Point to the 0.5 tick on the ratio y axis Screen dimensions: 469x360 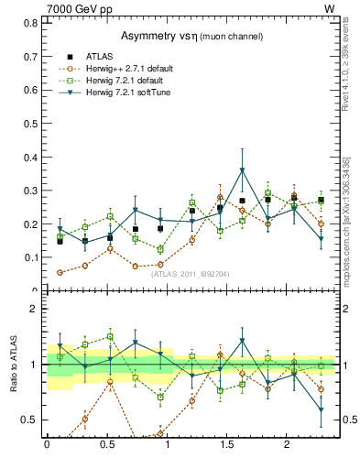31,420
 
